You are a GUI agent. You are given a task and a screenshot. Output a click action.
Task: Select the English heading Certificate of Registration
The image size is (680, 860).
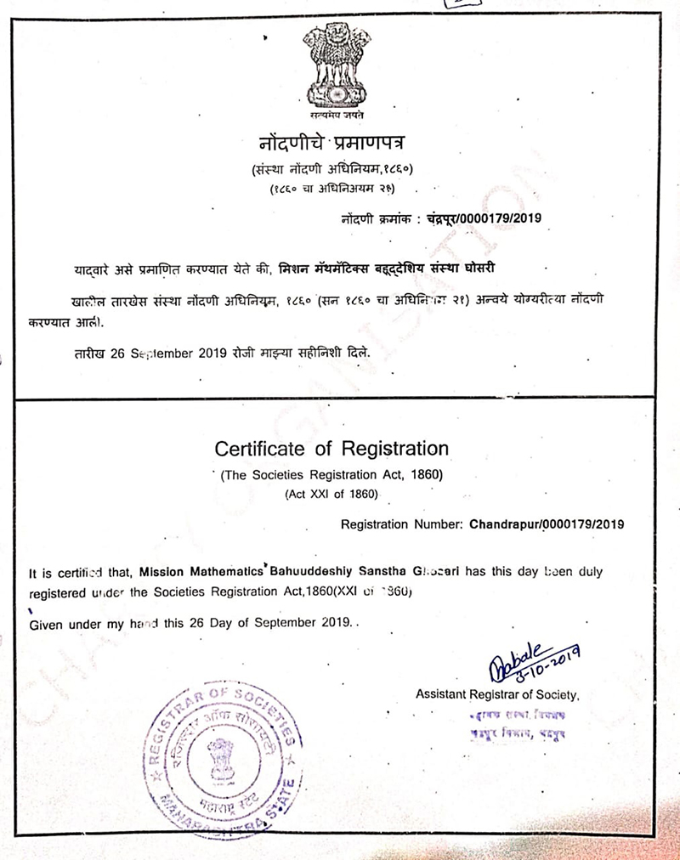point(331,447)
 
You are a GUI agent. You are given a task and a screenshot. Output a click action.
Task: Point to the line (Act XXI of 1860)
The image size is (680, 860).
point(331,493)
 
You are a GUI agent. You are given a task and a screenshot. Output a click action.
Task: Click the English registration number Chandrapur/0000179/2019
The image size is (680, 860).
point(547,523)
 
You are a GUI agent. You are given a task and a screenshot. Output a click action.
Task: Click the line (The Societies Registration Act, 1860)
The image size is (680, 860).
point(331,475)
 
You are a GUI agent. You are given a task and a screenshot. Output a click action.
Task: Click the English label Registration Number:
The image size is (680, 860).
point(403,523)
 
